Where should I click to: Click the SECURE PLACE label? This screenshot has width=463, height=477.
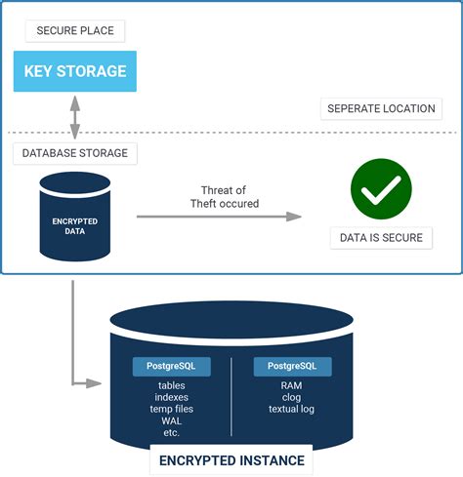pyautogui.click(x=75, y=30)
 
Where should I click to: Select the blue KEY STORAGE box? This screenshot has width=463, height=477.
pyautogui.click(x=75, y=71)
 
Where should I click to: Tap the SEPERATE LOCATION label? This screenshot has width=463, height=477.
pyautogui.click(x=382, y=108)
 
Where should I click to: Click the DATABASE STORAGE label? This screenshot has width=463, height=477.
pyautogui.click(x=75, y=152)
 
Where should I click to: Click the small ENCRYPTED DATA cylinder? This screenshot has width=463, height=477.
pyautogui.click(x=75, y=217)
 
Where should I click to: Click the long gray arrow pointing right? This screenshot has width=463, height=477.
pyautogui.click(x=219, y=216)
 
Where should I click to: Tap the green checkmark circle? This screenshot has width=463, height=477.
pyautogui.click(x=381, y=189)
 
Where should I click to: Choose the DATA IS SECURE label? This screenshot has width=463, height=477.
pyautogui.click(x=382, y=238)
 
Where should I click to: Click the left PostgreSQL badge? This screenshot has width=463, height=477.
pyautogui.click(x=171, y=367)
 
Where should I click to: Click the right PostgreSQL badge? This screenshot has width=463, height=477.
pyautogui.click(x=292, y=367)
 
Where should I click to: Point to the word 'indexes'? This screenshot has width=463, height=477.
pyautogui.click(x=171, y=397)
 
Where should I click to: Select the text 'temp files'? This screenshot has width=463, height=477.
pyautogui.click(x=171, y=409)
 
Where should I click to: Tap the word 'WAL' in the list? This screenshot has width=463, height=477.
pyautogui.click(x=171, y=420)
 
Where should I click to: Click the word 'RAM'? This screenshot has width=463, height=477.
pyautogui.click(x=292, y=385)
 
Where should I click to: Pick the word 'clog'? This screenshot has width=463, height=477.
pyautogui.click(x=292, y=397)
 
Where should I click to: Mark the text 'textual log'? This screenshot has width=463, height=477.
pyautogui.click(x=292, y=409)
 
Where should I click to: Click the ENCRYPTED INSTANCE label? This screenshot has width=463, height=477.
pyautogui.click(x=231, y=459)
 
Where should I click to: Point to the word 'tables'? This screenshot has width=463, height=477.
pyautogui.click(x=171, y=385)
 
